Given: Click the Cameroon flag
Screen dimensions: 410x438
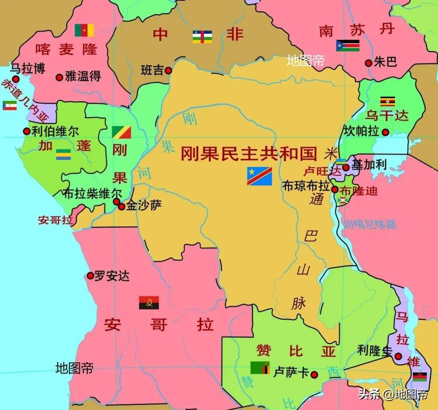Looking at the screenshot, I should tap(84, 30).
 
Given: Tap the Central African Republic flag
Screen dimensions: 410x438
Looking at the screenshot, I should tap(202, 36).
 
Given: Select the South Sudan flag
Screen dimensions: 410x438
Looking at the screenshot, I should tap(348, 45).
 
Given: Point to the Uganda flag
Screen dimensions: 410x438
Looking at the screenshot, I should tap(387, 101).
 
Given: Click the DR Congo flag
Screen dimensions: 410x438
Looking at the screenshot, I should tap(260, 176).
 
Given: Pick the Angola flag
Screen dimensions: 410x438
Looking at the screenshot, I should tap(149, 303).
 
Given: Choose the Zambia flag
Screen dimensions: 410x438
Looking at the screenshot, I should tap(260, 367).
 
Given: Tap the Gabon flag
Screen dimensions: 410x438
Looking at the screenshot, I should tap(63, 155).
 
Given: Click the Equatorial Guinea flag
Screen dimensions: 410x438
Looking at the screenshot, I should tap(10, 106).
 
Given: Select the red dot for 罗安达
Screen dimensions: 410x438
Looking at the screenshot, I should tap(90, 276).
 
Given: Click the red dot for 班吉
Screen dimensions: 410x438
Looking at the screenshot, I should tap(168, 70).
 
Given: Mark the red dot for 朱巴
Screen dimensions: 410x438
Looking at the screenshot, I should tap(368, 63).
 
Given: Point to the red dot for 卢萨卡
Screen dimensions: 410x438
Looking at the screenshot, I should tap(313, 375).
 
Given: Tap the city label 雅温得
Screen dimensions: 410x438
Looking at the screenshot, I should tap(83, 76).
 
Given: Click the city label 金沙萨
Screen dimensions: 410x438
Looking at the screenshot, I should tap(144, 205).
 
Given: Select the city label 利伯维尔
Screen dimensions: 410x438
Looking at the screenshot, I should tap(56, 131).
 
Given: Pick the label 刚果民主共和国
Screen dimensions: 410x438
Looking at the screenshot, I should tap(249, 154).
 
